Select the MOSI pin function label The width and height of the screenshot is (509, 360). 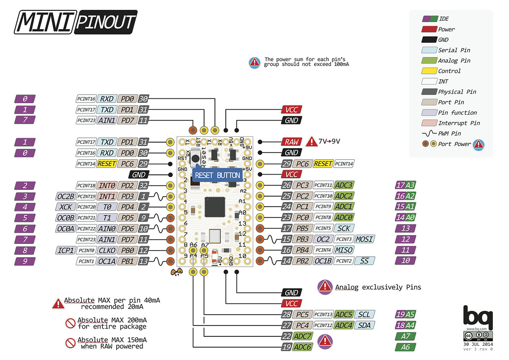point(364,239)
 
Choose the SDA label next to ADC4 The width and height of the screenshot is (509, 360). point(364,325)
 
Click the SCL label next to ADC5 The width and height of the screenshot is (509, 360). point(364,314)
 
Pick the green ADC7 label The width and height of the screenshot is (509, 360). point(303,336)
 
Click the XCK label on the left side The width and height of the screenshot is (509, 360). point(65,207)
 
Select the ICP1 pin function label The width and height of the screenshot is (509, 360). point(65,250)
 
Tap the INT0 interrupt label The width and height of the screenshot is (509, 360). point(107,185)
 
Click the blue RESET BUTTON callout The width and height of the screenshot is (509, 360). point(217,175)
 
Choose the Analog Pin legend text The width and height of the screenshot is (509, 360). point(454,60)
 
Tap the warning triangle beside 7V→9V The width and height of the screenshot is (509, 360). point(312,142)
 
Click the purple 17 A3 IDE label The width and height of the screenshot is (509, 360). point(406,185)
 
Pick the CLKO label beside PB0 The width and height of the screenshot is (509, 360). point(107,250)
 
